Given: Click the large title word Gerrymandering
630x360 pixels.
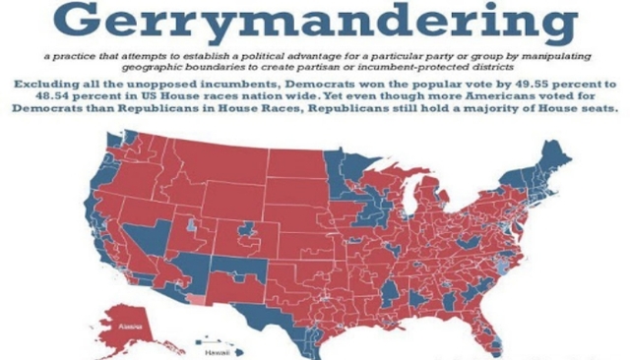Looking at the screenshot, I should click(312, 23).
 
